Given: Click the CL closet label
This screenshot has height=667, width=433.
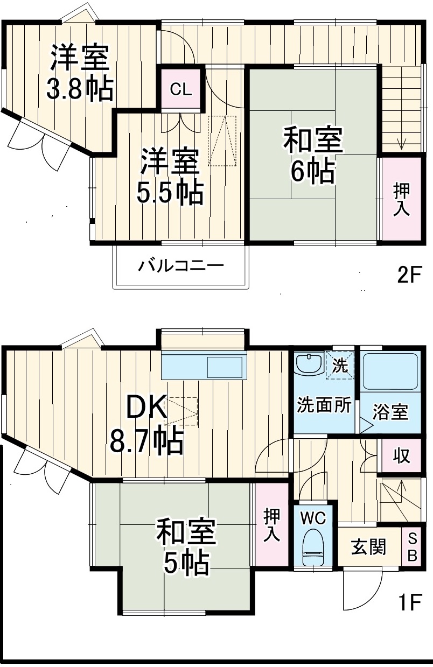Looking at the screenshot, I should (x=180, y=89).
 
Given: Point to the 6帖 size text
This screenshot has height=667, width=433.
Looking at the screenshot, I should (x=312, y=172).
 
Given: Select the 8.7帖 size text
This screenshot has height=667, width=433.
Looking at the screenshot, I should (x=147, y=441).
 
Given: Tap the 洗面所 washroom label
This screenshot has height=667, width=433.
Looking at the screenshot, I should (x=324, y=405).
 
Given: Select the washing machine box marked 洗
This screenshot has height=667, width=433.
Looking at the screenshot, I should (x=340, y=365).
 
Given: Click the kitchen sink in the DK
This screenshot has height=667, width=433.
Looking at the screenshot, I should (x=225, y=367).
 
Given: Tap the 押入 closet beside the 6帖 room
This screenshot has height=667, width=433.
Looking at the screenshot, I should (x=401, y=199).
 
